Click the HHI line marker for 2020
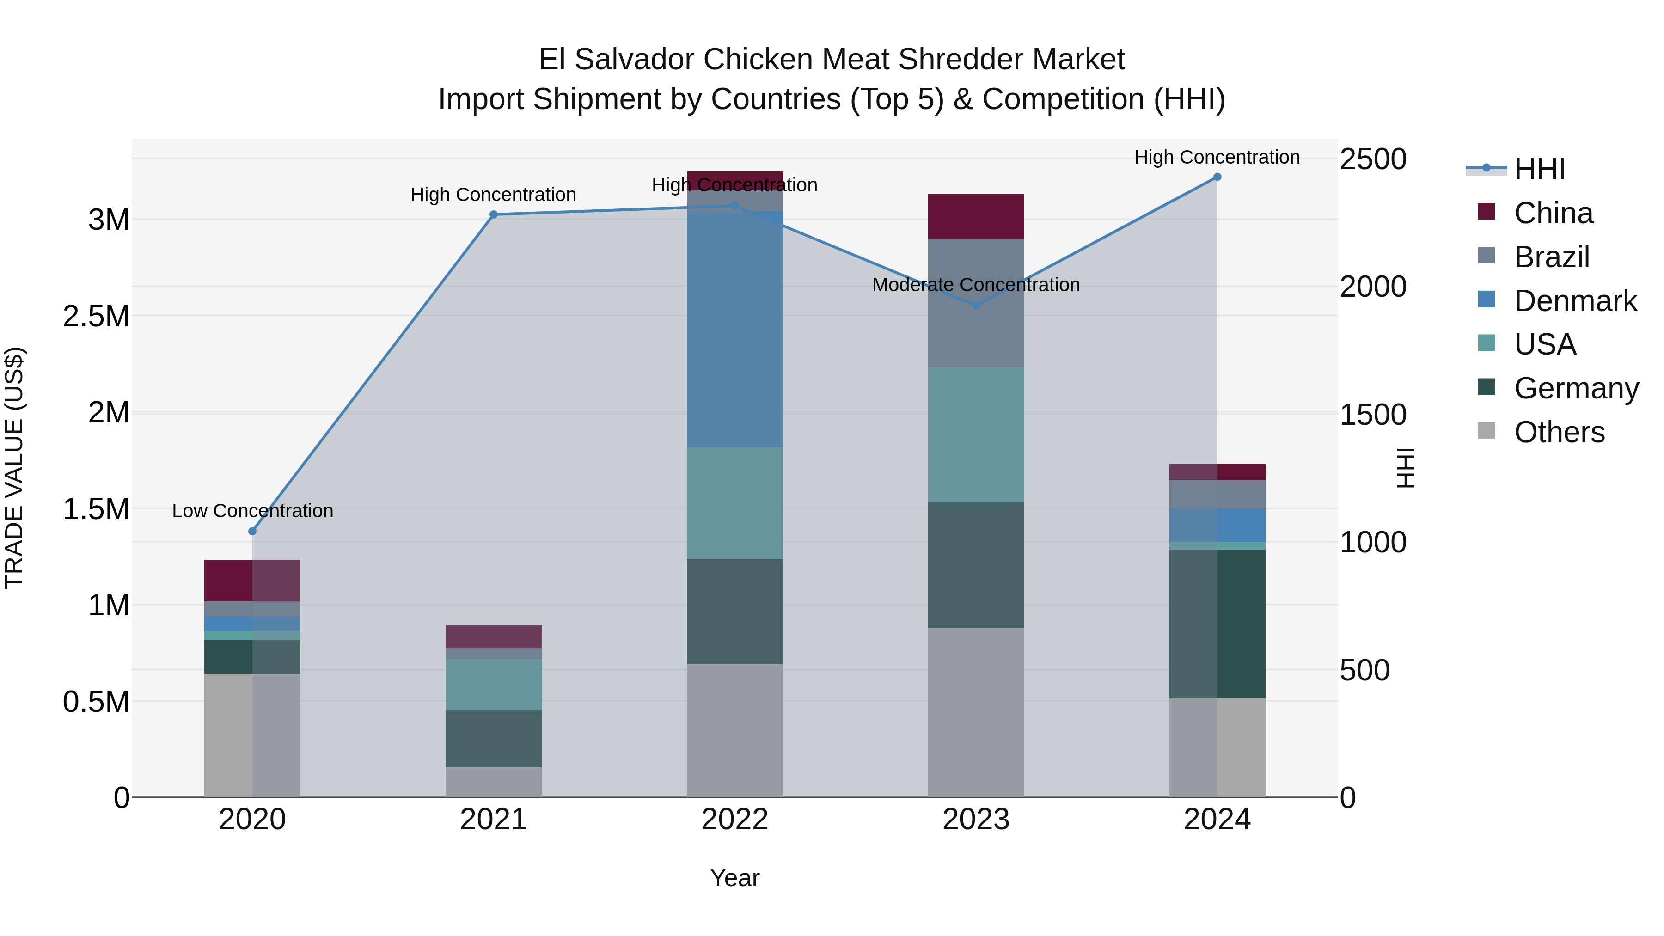252,531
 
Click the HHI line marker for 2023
976,306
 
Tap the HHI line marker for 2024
1217,177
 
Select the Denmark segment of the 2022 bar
734,330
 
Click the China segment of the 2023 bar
976,216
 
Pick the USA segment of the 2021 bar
494,685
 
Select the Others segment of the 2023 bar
976,712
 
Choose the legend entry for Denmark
1574,301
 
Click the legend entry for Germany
1576,388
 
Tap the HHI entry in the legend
1539,169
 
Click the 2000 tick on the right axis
1373,287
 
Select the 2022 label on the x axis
734,820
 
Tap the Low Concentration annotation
252,511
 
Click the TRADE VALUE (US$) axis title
14,468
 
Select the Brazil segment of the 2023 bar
976,303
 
